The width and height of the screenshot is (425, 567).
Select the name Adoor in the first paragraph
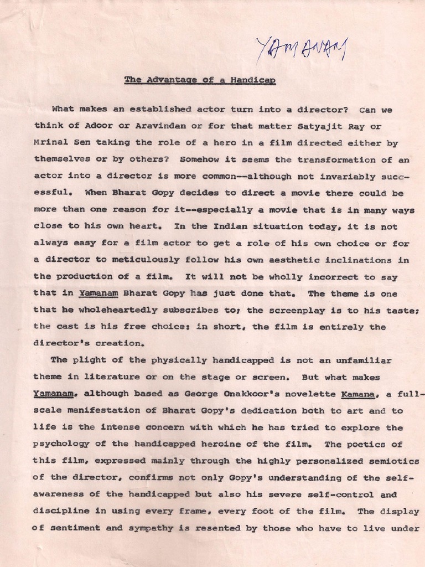pyautogui.click(x=91, y=126)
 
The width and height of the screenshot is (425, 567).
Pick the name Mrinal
pyautogui.click(x=51, y=143)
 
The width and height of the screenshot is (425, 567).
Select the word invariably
pyautogui.click(x=356, y=177)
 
